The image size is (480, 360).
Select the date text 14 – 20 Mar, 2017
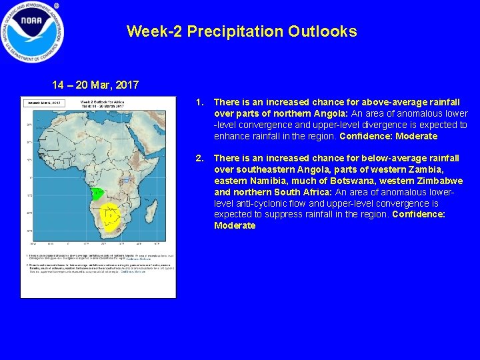click(x=96, y=85)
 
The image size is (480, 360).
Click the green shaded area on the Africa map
click(x=97, y=194)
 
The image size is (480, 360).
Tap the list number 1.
click(x=198, y=103)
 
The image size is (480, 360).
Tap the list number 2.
click(x=198, y=159)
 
